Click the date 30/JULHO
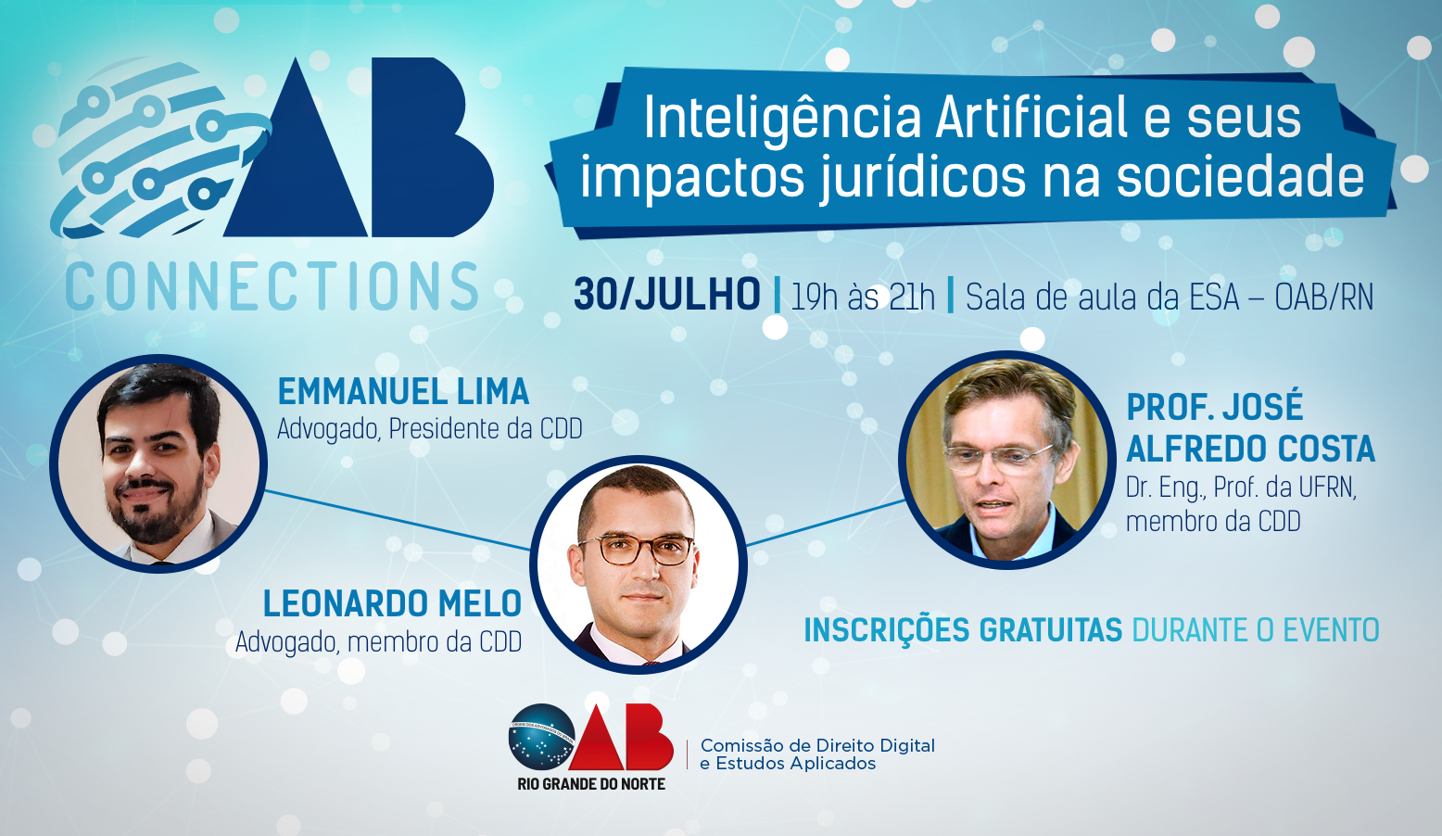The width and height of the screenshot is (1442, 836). [667, 296]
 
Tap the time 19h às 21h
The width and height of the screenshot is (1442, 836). [863, 297]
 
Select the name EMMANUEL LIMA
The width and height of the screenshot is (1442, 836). [403, 391]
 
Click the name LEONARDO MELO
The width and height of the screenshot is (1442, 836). [392, 603]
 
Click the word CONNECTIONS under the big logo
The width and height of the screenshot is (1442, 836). [272, 286]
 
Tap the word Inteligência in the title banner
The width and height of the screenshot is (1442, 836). [782, 118]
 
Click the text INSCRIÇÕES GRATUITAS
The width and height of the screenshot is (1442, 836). [963, 630]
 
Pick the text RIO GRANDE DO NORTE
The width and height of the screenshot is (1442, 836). [591, 784]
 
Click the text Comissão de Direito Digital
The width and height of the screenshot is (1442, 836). [817, 745]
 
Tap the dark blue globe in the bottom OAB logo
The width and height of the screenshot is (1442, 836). [541, 736]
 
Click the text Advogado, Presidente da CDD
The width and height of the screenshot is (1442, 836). [429, 429]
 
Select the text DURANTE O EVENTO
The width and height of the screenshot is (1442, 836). [1256, 630]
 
